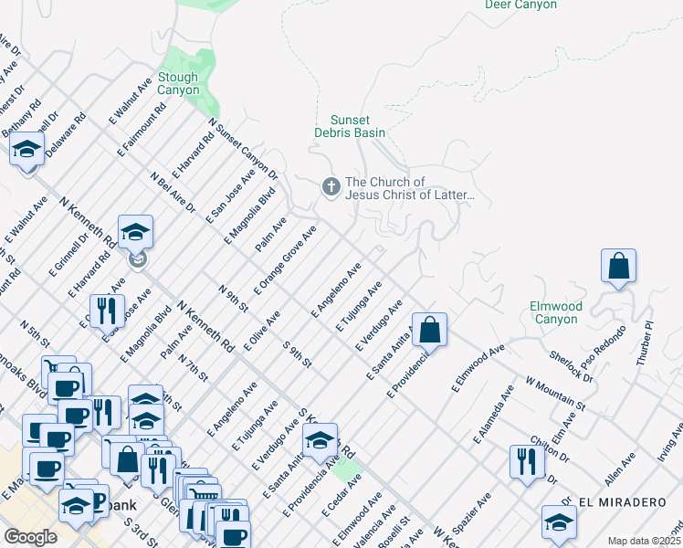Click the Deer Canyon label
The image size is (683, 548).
click(x=520, y=5)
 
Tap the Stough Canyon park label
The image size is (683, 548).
click(x=178, y=84)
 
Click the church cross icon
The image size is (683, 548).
click(x=331, y=187)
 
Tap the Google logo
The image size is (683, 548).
click(x=30, y=536)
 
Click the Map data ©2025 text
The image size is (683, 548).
click(x=644, y=540)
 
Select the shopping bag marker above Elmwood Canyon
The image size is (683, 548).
click(x=618, y=266)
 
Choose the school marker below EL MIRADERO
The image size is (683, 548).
click(x=559, y=522)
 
